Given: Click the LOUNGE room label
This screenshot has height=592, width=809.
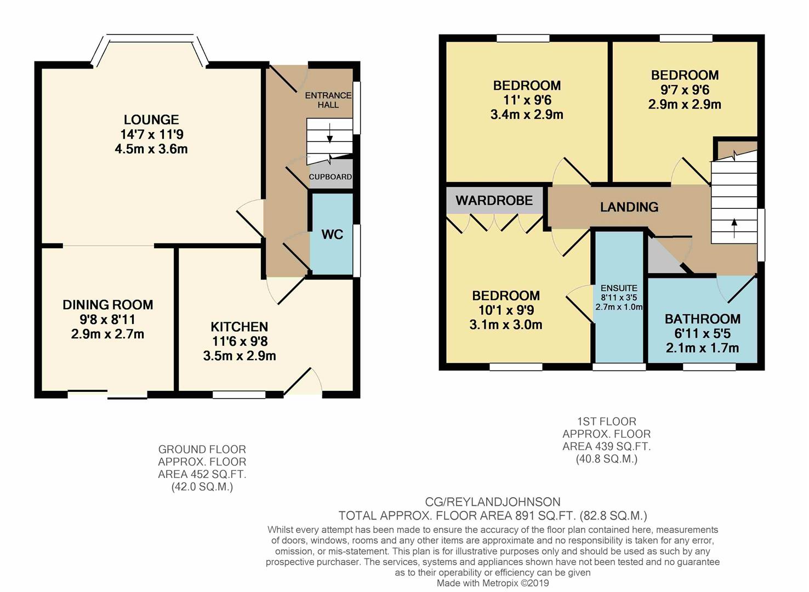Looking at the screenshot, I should (151, 119).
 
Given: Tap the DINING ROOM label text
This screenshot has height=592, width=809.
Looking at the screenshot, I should (107, 305).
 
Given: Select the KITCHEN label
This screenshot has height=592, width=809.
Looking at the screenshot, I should (239, 327).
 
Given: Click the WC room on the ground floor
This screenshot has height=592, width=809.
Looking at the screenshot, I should (332, 235).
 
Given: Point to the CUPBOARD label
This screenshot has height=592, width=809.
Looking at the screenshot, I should (330, 177).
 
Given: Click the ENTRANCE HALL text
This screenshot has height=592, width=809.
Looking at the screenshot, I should (328, 100).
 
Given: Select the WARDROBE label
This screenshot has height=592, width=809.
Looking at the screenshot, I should (494, 201).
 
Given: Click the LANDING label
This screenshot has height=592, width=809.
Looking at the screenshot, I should (629, 207).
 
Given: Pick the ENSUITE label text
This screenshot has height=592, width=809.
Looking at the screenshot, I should (619, 288).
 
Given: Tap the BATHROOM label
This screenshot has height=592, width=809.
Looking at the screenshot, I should (702, 319).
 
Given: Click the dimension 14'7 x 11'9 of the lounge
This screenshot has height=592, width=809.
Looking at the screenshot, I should (151, 134).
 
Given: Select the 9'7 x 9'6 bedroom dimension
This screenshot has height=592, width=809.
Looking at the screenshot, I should (685, 89).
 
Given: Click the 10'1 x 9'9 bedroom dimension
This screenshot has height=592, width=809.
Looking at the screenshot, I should (506, 310).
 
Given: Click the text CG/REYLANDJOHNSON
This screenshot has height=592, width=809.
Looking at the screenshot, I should (493, 502).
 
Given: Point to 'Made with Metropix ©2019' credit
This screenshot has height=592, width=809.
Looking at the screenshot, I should (492, 583).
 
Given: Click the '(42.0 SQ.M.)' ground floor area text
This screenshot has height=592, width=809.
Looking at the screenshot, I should (202, 487).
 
